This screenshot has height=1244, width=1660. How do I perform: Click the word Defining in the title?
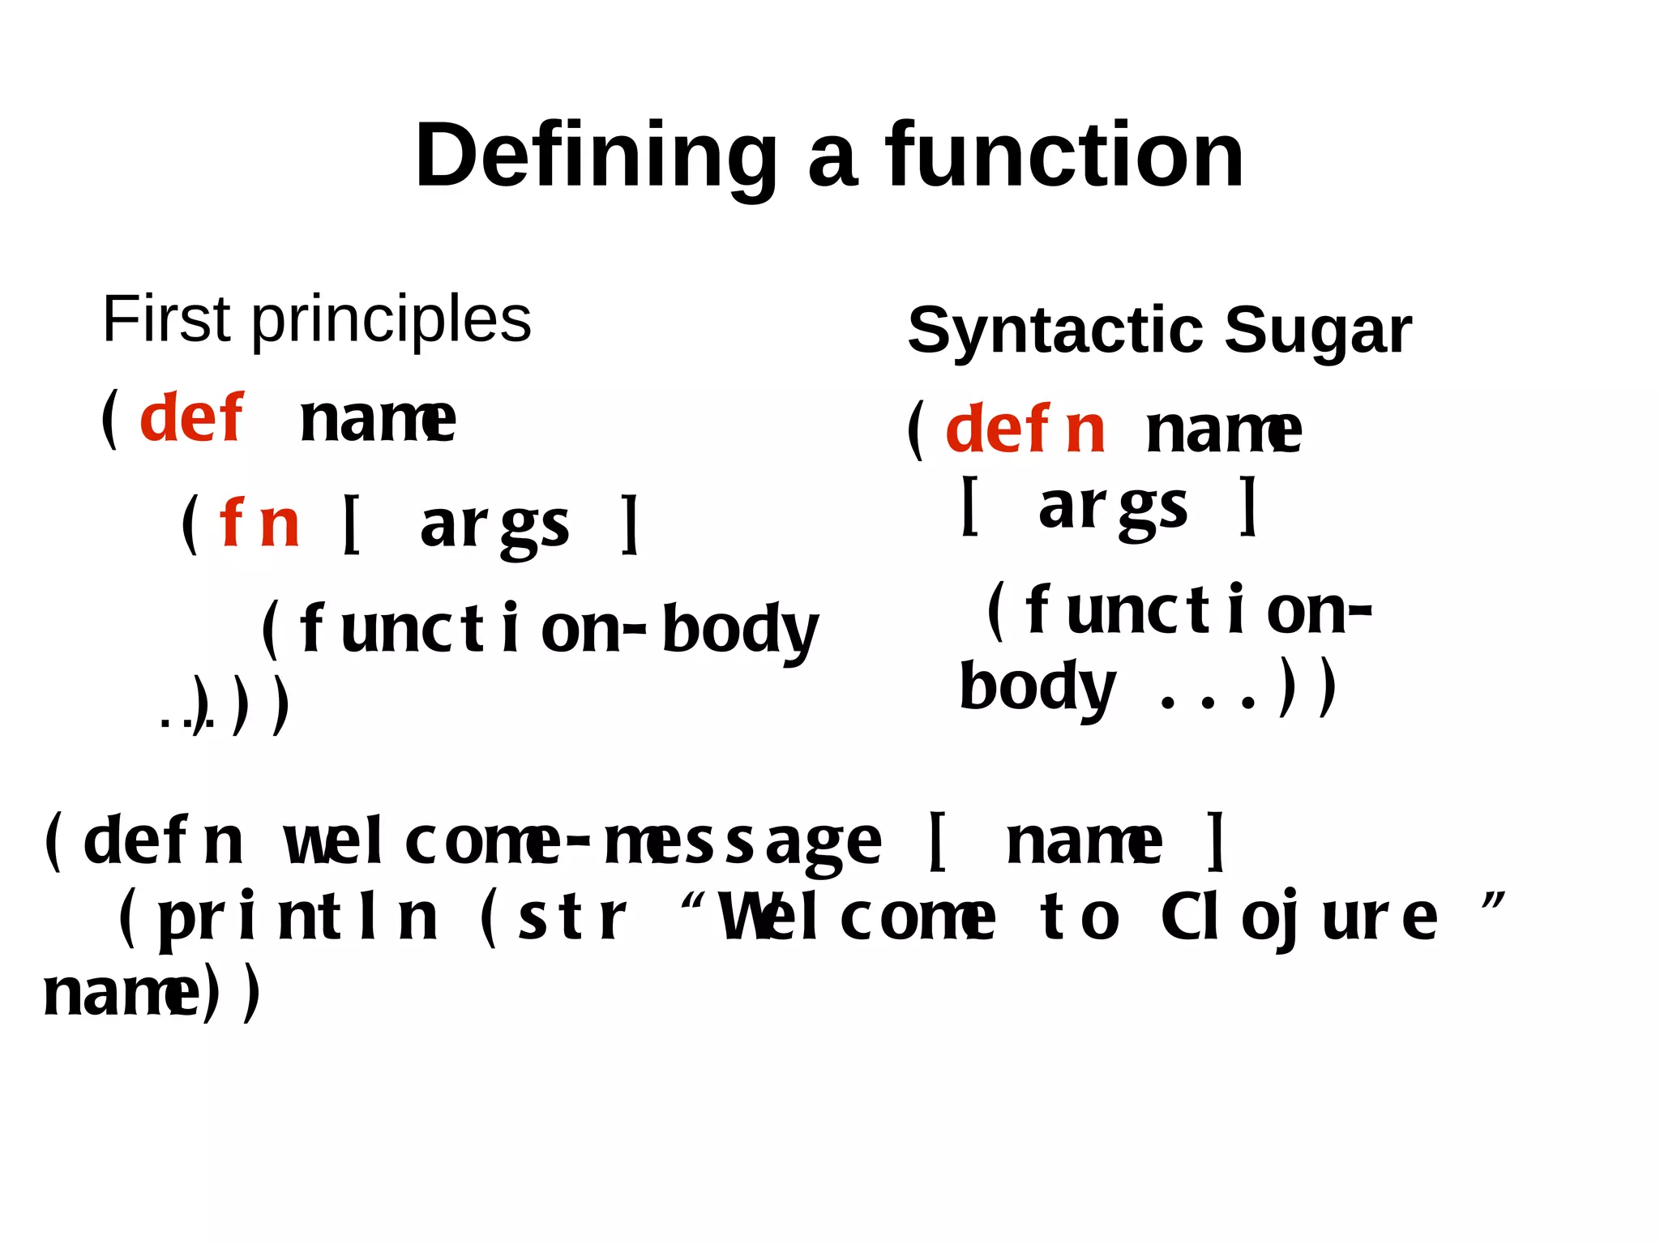pos(596,156)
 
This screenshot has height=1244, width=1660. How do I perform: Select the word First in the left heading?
pos(167,319)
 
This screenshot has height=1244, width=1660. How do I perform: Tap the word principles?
pos(391,321)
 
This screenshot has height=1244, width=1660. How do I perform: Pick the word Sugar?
pos(1317,331)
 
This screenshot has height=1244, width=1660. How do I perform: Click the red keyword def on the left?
pos(190,418)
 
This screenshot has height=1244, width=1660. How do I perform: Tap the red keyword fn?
pos(259,524)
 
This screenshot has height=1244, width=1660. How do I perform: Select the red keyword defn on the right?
pos(1025,430)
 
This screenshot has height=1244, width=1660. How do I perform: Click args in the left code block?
pos(494,525)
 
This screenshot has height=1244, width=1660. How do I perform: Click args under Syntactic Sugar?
pos(1112,507)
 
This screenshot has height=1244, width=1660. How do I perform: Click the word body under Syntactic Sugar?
pos(1037,687)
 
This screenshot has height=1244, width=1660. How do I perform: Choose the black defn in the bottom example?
pos(162,841)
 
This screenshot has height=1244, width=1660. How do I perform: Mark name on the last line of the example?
pos(120,994)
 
